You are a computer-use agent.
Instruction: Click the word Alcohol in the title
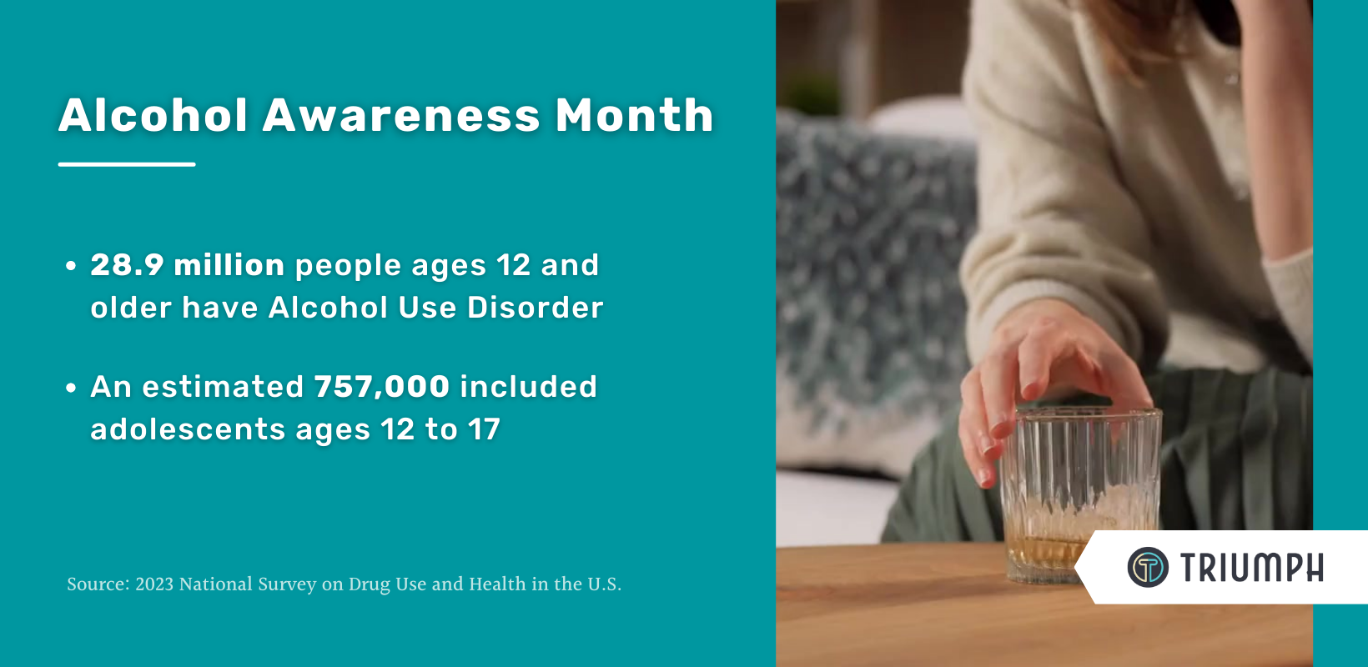click(153, 114)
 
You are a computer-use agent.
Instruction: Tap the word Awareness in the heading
click(401, 115)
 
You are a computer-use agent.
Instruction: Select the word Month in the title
click(634, 114)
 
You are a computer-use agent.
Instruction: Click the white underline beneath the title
click(127, 164)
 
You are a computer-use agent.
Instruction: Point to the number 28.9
click(127, 265)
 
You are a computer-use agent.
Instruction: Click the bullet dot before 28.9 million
click(71, 265)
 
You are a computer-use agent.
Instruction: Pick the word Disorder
click(535, 307)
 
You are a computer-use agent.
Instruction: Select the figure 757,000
click(382, 387)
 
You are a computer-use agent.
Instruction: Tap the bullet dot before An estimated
click(71, 388)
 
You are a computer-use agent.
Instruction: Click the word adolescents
click(189, 429)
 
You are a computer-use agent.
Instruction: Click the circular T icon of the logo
click(1148, 568)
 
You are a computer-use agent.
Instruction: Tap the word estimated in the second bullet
click(223, 387)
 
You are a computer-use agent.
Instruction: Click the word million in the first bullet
click(229, 265)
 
